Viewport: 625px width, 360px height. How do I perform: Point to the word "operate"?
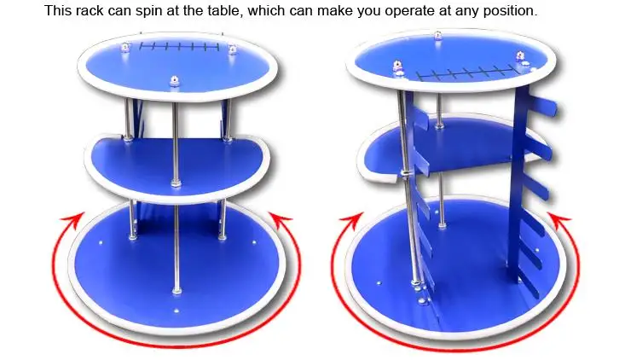tap(409, 12)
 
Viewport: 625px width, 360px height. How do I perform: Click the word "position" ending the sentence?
tap(510, 12)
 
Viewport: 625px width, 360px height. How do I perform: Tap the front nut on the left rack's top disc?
tap(174, 81)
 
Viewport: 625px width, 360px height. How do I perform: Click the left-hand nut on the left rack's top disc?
tap(125, 48)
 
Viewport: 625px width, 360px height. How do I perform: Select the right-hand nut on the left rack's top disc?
tap(232, 49)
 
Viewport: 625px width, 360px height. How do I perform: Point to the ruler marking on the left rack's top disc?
tap(179, 47)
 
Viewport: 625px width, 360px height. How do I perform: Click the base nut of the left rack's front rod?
tap(177, 290)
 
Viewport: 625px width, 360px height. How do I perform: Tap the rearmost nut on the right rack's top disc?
tap(437, 35)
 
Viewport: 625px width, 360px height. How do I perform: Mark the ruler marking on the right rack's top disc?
tap(466, 73)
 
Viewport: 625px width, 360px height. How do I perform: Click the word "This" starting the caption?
tap(57, 11)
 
